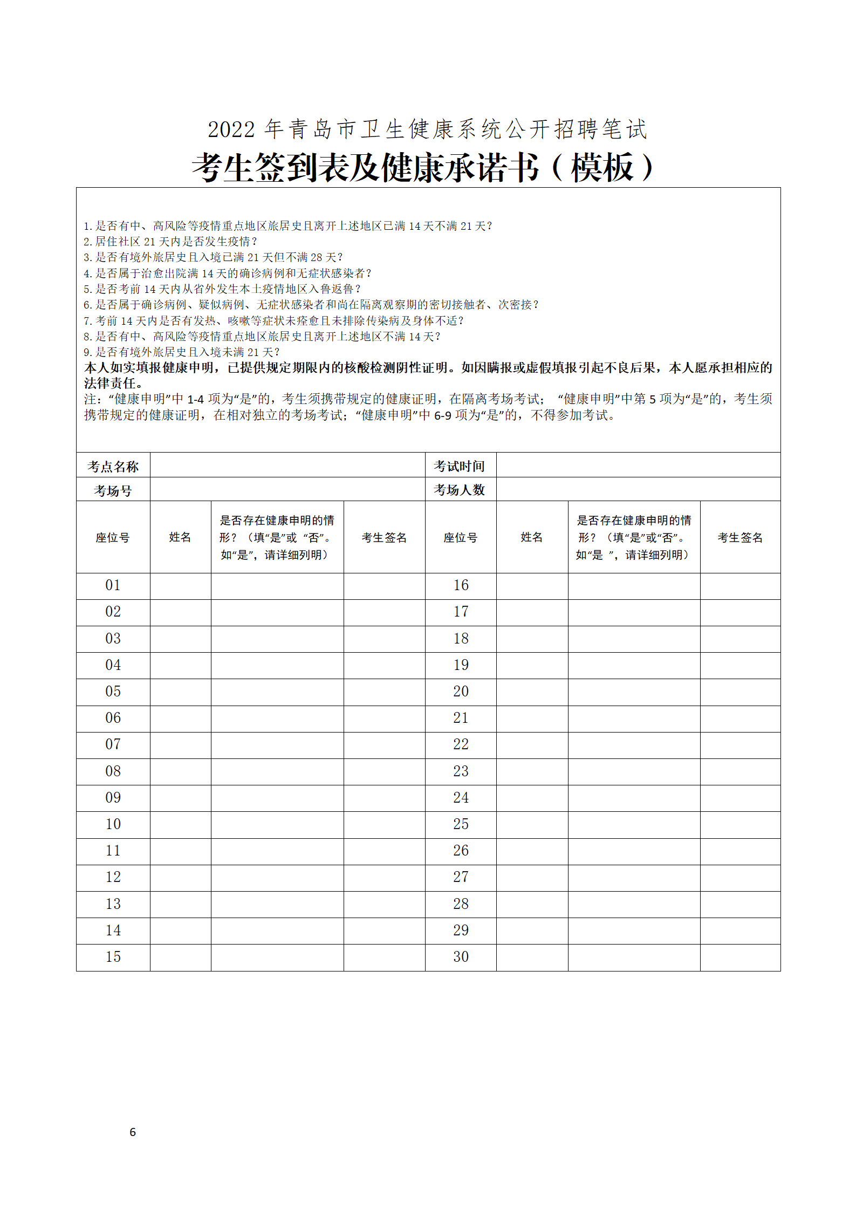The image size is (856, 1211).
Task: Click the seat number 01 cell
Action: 113,585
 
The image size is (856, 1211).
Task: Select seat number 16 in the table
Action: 461,585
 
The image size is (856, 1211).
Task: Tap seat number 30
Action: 461,956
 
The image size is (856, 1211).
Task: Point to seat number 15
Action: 113,956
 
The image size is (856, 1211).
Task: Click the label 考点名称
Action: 113,466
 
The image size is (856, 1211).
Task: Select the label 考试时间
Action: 460,466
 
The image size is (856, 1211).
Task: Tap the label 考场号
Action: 113,490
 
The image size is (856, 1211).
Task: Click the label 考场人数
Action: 460,490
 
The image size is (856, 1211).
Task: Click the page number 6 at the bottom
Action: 133,1132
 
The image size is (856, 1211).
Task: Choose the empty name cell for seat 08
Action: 180,771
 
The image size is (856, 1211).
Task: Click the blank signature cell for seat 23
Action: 740,771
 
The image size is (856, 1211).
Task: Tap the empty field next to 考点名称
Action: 287,465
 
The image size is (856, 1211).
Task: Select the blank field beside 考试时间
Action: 638,465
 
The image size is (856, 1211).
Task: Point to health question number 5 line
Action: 222,289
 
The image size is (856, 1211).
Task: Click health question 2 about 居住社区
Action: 170,242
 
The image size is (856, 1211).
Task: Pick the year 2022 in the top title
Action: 231,129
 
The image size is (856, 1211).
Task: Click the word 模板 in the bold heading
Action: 602,168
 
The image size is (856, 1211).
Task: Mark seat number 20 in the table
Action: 461,692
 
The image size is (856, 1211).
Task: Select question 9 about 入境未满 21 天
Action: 182,352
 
